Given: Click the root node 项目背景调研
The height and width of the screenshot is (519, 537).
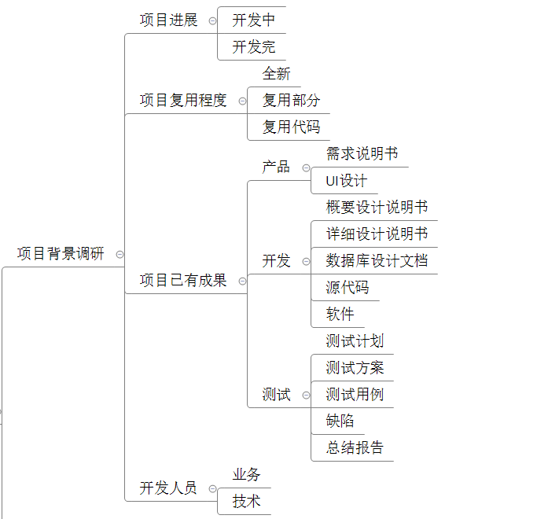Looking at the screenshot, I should pyautogui.click(x=61, y=254).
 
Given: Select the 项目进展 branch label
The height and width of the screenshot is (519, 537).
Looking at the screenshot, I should pyautogui.click(x=168, y=20).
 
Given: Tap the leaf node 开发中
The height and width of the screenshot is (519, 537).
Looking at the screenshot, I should pyautogui.click(x=253, y=20).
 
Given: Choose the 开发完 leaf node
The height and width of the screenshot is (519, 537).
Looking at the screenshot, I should pyautogui.click(x=253, y=47).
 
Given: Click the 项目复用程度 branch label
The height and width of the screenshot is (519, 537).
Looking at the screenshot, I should pyautogui.click(x=183, y=101).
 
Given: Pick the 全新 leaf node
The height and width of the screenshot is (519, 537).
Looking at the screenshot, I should pyautogui.click(x=276, y=74).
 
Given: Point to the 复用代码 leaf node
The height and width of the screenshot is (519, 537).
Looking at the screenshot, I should pyautogui.click(x=291, y=127).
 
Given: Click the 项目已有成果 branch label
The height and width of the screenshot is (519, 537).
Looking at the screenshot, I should pyautogui.click(x=183, y=281).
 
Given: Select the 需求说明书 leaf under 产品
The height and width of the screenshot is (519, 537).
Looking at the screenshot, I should pyautogui.click(x=362, y=154).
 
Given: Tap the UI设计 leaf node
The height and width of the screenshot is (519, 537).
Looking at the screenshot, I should pyautogui.click(x=346, y=181).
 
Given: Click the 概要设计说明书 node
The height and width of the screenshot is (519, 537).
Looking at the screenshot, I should pyautogui.click(x=377, y=208).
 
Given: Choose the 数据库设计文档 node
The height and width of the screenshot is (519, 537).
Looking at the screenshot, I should pyautogui.click(x=377, y=261).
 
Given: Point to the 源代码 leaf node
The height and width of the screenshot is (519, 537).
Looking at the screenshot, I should pyautogui.click(x=347, y=288).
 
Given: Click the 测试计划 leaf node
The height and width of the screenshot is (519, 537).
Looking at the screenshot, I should pyautogui.click(x=355, y=341).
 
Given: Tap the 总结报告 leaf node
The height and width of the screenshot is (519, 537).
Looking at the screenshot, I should pyautogui.click(x=355, y=448).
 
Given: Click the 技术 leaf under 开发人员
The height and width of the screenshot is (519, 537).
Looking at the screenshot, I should pyautogui.click(x=246, y=501).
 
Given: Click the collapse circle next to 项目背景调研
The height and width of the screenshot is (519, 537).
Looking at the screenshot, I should pyautogui.click(x=120, y=254).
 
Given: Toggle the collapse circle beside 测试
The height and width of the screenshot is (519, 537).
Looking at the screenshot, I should pyautogui.click(x=306, y=395).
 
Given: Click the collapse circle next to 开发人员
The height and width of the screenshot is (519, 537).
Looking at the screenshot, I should pyautogui.click(x=212, y=488).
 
